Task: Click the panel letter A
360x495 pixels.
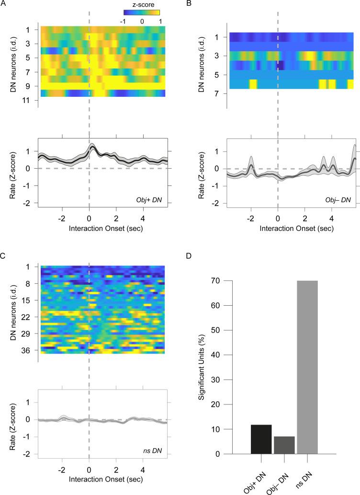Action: (x=5, y=4)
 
